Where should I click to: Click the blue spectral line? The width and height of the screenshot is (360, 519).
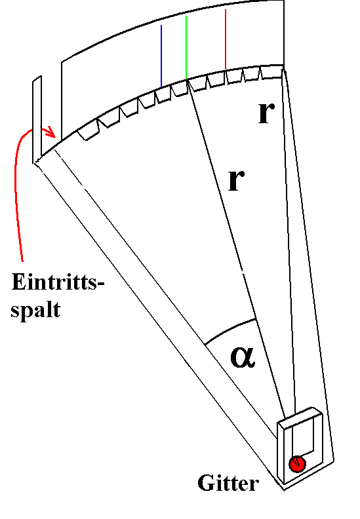161,56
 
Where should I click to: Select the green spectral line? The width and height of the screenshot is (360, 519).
186,48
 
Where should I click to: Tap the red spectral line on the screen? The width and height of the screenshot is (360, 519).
226,39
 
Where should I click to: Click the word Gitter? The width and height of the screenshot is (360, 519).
228,483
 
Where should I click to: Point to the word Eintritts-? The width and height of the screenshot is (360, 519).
58,282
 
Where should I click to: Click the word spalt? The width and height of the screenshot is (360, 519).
35,310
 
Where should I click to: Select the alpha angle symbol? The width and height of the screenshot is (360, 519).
243,357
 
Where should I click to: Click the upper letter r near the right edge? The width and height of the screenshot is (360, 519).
266,113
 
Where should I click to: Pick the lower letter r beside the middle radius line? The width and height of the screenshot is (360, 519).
236,180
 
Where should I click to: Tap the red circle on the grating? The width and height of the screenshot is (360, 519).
297,463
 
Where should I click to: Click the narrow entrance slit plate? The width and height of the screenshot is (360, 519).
37,119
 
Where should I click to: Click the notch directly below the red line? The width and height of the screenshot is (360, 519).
234,77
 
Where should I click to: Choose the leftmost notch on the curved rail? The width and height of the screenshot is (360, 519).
88,133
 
